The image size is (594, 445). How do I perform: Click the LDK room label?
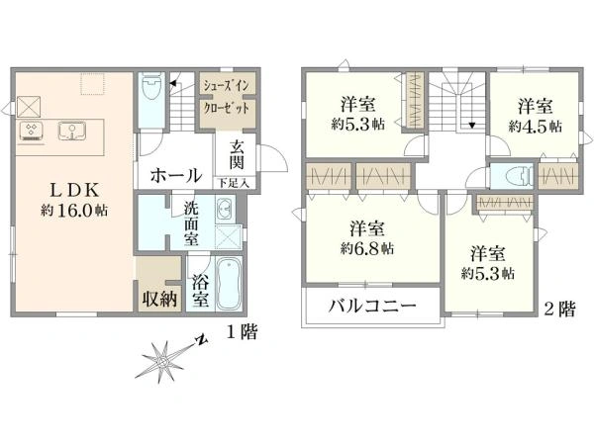pos(74,190)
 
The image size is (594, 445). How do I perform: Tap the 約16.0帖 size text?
pos(74,210)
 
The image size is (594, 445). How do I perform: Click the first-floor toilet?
pos(151,86)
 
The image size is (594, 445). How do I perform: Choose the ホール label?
pos(176,176)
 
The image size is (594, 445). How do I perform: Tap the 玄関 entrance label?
pos(237,155)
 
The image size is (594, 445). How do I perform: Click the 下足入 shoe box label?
pos(234,184)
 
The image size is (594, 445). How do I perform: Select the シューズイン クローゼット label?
pos(227,97)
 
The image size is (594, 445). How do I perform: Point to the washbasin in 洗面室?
pos(225,210)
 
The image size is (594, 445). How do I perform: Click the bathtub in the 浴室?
pos(230,284)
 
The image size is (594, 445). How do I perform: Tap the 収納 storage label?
pos(159,300)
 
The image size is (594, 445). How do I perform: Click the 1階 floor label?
pos(243,332)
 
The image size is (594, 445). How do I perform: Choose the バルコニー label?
pos(371,306)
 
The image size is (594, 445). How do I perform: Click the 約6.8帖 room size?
pos(367,248)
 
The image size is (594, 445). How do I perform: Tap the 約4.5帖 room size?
pos(536,127)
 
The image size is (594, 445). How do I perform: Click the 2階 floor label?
pos(560,309)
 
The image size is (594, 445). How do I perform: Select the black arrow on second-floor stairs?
pos(472,125)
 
